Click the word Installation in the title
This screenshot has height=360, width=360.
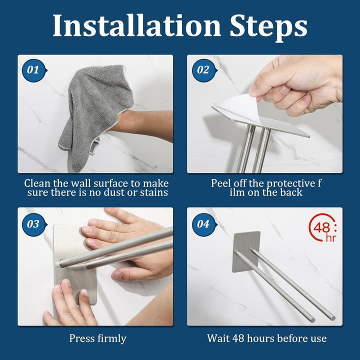point(137,25)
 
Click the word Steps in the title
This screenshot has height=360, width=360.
point(268,27)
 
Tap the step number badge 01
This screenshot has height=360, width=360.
point(34,70)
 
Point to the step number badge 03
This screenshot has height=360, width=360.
point(34,224)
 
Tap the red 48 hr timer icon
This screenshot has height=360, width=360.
point(323,228)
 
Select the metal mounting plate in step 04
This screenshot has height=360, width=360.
point(246,251)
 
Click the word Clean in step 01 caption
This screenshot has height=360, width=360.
point(37,183)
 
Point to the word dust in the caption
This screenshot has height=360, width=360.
point(113,192)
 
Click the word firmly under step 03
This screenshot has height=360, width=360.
point(112,339)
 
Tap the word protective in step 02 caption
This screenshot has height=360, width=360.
point(291,183)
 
